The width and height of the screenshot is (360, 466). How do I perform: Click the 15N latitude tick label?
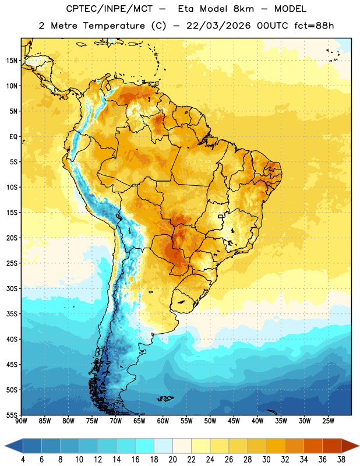pyautogui.click(x=12, y=61)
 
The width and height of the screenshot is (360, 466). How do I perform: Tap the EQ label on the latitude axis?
pyautogui.click(x=13, y=137)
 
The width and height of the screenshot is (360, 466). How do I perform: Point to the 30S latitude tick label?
pyautogui.click(x=12, y=288)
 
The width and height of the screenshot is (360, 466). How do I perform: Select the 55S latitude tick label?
pyautogui.click(x=12, y=415)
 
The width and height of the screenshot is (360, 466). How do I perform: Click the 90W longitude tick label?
pyautogui.click(x=22, y=421)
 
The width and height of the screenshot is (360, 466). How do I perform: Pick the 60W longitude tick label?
pyautogui.click(x=163, y=421)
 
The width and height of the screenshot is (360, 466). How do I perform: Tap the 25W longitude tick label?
pyautogui.click(x=328, y=421)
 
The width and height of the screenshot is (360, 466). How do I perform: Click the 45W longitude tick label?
pyautogui.click(x=234, y=421)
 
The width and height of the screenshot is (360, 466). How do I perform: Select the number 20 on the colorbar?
pyautogui.click(x=172, y=460)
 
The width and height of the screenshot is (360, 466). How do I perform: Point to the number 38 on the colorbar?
pyautogui.click(x=341, y=460)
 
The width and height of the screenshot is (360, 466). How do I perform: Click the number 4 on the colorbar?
pyautogui.click(x=23, y=460)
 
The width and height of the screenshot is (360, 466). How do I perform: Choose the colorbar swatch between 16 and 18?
pyautogui.click(x=145, y=446)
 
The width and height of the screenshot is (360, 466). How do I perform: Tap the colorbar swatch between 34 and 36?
pyautogui.click(x=313, y=446)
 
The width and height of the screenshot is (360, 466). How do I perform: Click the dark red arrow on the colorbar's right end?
pyautogui.click(x=350, y=446)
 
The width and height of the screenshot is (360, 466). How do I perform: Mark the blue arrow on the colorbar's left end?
pyautogui.click(x=14, y=446)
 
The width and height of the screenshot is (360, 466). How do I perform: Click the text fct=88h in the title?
pyautogui.click(x=314, y=26)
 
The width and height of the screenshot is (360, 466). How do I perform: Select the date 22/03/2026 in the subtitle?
pyautogui.click(x=218, y=26)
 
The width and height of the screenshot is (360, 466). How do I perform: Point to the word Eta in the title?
pyautogui.click(x=185, y=9)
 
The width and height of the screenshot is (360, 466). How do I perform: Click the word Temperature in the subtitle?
pyautogui.click(x=114, y=26)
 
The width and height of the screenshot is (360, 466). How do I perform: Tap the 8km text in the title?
pyautogui.click(x=243, y=9)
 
